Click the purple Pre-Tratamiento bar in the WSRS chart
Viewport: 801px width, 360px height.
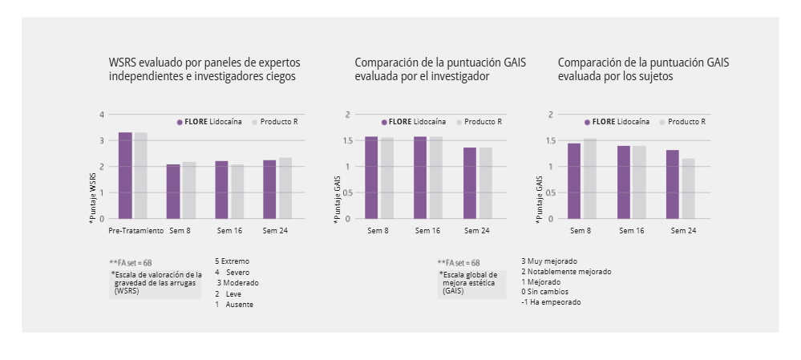pyautogui.click(x=125, y=176)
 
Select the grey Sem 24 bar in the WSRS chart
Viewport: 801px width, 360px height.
pyautogui.click(x=285, y=188)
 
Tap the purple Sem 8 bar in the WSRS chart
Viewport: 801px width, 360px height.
pyautogui.click(x=173, y=192)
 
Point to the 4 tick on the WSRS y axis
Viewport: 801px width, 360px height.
pyautogui.click(x=102, y=115)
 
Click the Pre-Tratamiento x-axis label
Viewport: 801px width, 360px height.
pyautogui.click(x=136, y=231)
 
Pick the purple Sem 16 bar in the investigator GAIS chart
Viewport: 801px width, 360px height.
pyautogui.click(x=420, y=178)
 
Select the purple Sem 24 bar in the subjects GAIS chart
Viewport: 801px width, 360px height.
pyautogui.click(x=672, y=184)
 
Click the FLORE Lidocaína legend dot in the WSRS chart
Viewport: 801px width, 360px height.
pyautogui.click(x=180, y=122)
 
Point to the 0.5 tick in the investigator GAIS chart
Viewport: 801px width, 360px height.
pyautogui.click(x=346, y=193)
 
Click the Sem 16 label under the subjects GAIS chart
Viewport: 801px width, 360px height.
pyautogui.click(x=630, y=231)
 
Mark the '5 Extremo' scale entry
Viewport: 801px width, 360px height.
pyautogui.click(x=232, y=261)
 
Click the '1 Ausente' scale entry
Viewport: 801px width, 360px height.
pyautogui.click(x=233, y=305)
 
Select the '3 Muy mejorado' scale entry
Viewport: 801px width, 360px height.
pyautogui.click(x=549, y=261)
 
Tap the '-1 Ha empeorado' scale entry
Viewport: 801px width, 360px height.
pyautogui.click(x=551, y=302)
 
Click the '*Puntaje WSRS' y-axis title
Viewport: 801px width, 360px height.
pyautogui.click(x=93, y=196)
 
